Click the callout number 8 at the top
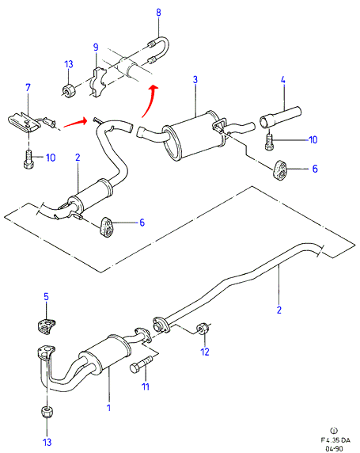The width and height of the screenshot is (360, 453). pos(158,13)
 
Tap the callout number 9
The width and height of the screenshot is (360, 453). pos(96,47)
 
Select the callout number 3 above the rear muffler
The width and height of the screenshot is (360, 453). pos(195,79)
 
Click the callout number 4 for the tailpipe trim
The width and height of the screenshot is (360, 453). pos(283,79)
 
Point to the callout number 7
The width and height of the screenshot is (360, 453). pos(28,87)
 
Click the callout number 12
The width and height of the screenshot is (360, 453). pos(205,352)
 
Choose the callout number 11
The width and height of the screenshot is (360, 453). pos(146,386)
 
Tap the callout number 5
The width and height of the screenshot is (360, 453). pos(46,297)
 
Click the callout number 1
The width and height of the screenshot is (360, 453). pos(109,408)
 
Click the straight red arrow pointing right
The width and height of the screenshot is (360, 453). pos(75,123)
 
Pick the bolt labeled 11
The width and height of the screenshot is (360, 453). pos(141,364)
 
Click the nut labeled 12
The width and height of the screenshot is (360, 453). pos(203,329)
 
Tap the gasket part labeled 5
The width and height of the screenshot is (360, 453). pos(46,326)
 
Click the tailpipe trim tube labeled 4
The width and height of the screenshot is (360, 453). pos(281,117)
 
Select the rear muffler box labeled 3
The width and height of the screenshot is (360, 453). pos(191,135)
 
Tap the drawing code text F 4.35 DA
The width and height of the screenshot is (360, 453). pos(335,440)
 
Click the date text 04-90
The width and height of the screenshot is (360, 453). pos(335,449)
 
